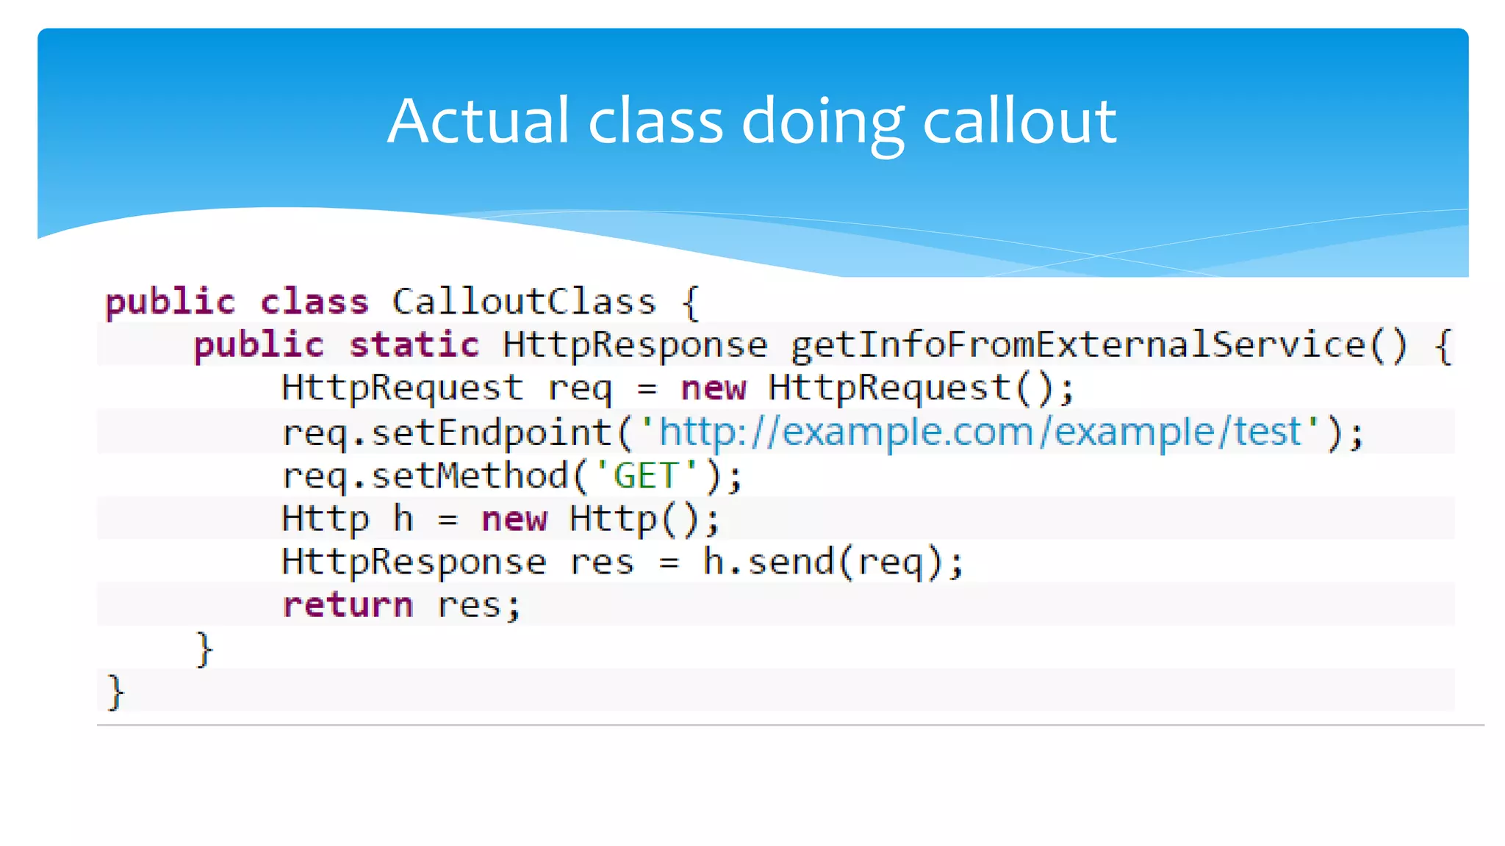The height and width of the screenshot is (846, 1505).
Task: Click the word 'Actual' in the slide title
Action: (478, 121)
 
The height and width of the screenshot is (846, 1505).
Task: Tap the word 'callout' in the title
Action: (1019, 121)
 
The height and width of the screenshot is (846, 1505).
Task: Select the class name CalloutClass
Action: (523, 302)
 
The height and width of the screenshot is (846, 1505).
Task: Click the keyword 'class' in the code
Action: (314, 302)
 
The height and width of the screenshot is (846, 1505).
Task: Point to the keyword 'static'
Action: (414, 345)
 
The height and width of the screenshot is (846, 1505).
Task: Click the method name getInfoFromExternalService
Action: (1077, 345)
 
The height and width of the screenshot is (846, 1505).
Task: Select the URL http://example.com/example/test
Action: (980, 432)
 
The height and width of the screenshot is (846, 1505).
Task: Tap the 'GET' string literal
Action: (645, 476)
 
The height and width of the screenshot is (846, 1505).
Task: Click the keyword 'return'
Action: (348, 605)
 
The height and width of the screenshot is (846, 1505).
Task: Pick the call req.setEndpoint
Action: (447, 433)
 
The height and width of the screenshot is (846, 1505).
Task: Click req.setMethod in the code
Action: (425, 476)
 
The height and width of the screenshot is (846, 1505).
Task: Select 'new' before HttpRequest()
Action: (714, 388)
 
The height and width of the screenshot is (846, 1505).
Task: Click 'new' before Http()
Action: (514, 519)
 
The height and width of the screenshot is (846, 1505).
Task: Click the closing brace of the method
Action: (204, 649)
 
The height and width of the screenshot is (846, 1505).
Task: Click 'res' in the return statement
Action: (469, 605)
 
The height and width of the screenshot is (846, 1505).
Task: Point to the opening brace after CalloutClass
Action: (690, 302)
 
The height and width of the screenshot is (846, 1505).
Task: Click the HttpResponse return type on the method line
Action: (635, 345)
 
